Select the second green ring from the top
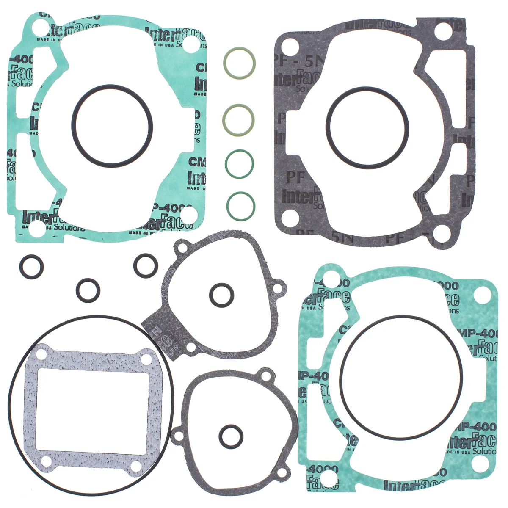click(239, 120)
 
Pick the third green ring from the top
click(239, 164)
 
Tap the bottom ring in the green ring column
click(240, 207)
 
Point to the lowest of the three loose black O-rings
click(88, 290)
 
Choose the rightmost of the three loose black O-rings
click(146, 266)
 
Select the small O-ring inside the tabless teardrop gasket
click(231, 436)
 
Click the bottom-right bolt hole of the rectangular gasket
click(135, 466)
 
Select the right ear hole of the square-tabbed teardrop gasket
click(277, 289)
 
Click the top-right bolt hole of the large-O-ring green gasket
click(483, 293)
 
